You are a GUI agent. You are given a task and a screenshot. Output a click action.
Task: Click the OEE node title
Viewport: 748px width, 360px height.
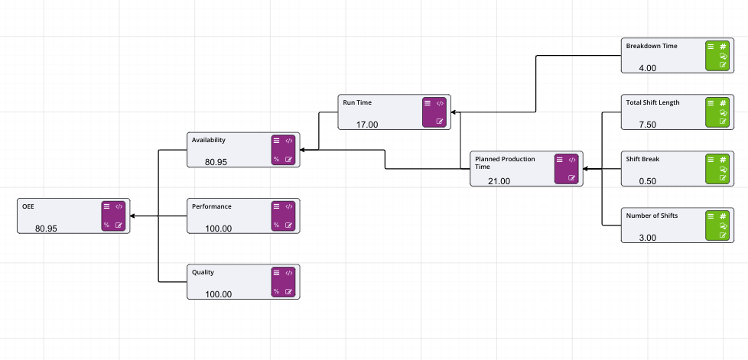point(28,206)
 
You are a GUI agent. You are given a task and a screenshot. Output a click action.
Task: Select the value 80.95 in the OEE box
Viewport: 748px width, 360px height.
point(46,228)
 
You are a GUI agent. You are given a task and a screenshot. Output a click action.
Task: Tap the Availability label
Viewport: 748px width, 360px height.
point(209,140)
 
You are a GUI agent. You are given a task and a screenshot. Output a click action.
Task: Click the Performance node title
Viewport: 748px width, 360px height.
point(212,206)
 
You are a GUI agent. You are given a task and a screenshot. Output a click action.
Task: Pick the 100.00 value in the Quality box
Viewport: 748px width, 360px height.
point(218,294)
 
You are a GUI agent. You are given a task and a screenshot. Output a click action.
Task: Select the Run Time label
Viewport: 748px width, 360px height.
point(357,102)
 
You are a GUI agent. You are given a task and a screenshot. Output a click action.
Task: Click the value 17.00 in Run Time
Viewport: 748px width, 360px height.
point(367,124)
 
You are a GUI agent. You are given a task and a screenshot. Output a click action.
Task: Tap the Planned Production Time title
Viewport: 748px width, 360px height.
point(505,162)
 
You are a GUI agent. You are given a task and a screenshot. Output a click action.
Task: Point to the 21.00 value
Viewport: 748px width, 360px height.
point(499,181)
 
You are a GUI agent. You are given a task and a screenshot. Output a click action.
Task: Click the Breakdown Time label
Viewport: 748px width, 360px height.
point(652,46)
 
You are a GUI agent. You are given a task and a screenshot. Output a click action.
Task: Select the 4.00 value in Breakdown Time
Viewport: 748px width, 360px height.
point(648,68)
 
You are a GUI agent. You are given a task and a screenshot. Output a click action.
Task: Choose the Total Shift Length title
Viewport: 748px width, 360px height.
point(652,102)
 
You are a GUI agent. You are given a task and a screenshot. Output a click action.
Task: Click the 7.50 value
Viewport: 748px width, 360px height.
point(648,125)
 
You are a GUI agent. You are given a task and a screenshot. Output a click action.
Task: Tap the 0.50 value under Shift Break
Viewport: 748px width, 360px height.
point(648,181)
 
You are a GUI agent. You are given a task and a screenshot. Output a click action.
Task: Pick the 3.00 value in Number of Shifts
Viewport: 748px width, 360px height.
point(648,238)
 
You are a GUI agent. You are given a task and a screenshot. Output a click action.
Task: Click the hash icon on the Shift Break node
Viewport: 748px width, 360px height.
point(723,160)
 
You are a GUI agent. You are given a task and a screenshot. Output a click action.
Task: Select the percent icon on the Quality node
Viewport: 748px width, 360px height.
point(276,291)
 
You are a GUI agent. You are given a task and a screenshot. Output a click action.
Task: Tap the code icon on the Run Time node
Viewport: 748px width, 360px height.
point(440,103)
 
